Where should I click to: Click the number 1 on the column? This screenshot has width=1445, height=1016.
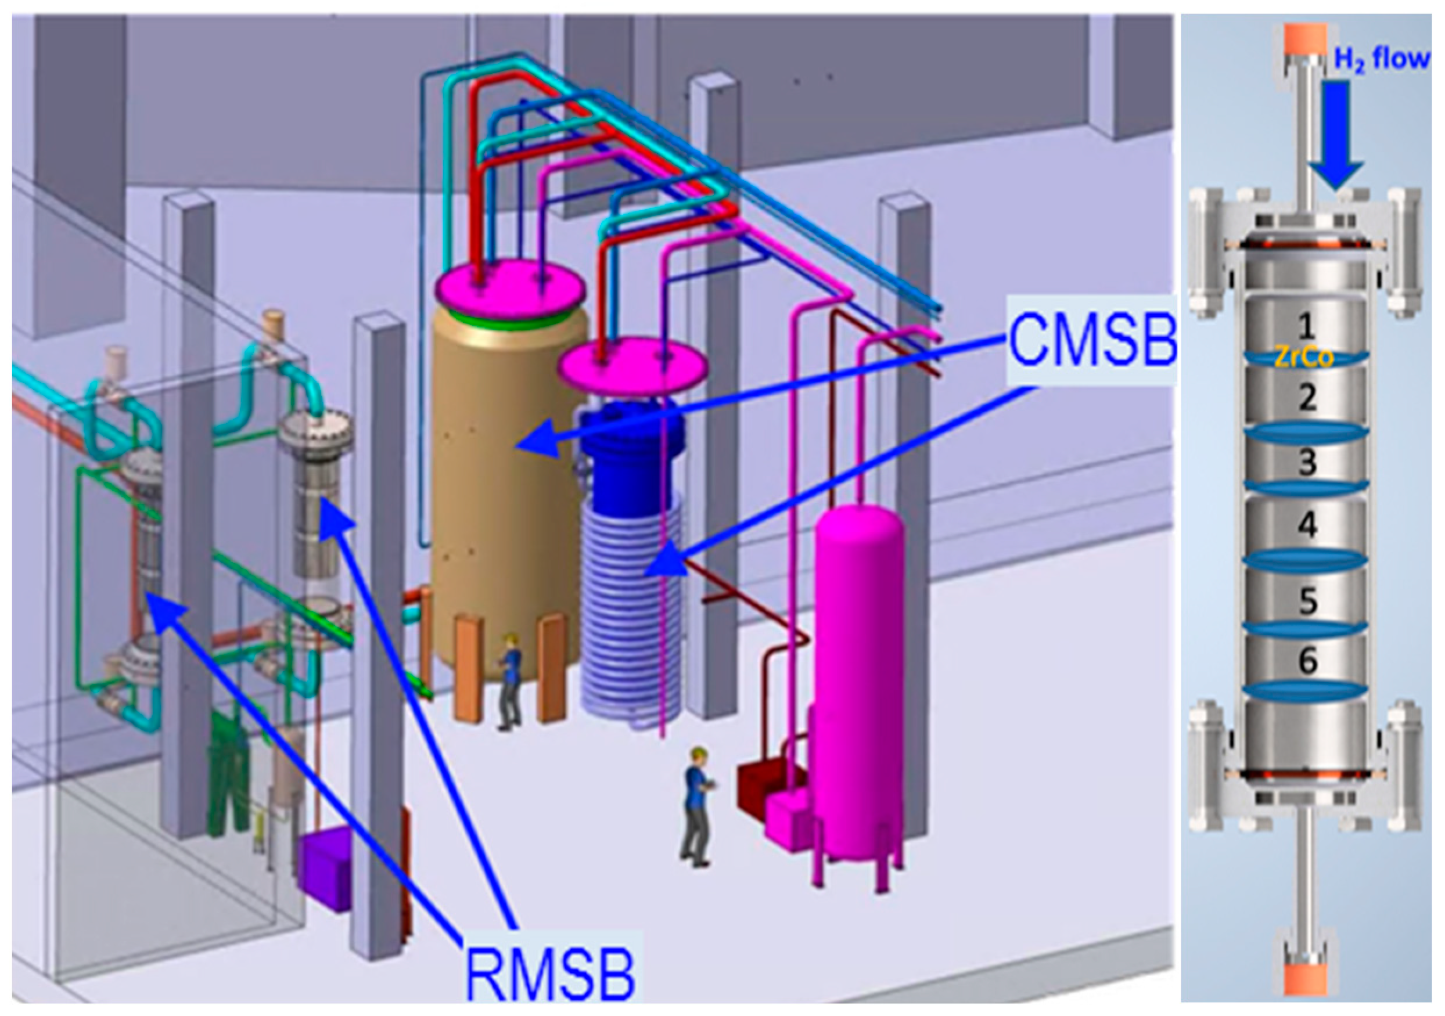(1307, 326)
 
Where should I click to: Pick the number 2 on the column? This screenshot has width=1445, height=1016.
(1308, 398)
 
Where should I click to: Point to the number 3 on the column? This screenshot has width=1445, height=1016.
(1308, 462)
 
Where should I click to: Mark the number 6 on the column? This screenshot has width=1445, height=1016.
(1308, 661)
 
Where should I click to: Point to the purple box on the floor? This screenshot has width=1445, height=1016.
(326, 867)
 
